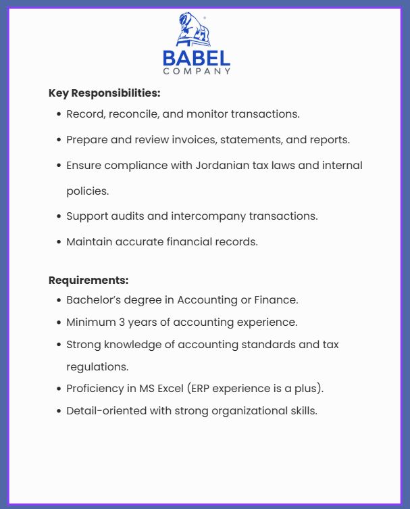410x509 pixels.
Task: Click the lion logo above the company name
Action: pos(194,30)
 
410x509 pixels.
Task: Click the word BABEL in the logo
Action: pos(197,58)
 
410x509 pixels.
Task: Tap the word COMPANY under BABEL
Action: pos(197,71)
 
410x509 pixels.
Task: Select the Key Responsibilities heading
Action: pos(104,93)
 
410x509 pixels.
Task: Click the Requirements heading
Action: pos(88,280)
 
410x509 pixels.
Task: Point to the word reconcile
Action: pos(134,114)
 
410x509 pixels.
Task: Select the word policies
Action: pos(87,191)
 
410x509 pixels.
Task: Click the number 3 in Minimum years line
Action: pos(119,322)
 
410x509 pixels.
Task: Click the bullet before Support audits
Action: pos(59,217)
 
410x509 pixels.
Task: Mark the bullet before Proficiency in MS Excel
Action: pos(59,389)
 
